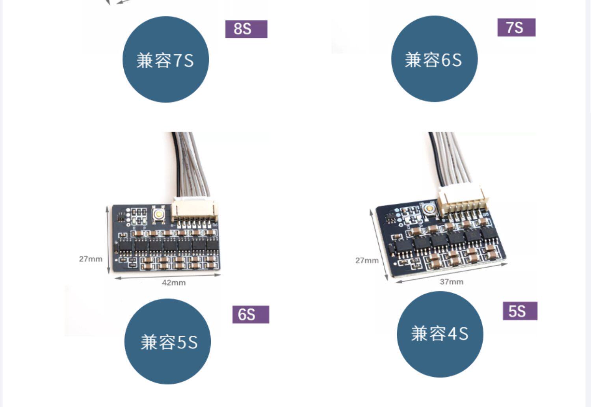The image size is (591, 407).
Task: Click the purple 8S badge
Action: point(246,29)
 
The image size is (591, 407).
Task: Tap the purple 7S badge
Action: point(516,27)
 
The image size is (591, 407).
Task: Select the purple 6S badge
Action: point(251,314)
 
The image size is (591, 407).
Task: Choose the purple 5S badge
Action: point(520,311)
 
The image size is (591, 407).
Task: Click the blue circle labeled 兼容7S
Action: point(165,59)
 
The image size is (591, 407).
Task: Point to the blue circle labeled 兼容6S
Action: point(434,59)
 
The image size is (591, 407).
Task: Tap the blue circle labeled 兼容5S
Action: point(167,341)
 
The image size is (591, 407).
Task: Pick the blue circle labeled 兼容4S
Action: point(440,334)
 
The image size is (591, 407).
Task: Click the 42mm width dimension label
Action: point(173,282)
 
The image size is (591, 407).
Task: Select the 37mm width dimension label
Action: point(452,282)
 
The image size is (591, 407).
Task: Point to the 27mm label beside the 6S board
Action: point(91,259)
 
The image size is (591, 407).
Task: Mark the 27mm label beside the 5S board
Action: point(367,260)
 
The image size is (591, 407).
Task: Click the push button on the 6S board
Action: point(158,214)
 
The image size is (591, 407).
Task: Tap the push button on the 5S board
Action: point(429,207)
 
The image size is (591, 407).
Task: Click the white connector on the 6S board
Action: point(193,209)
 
